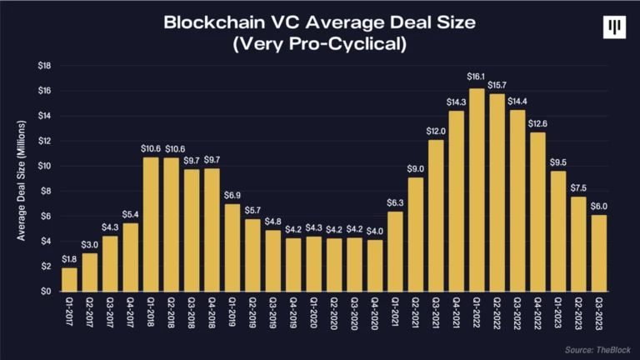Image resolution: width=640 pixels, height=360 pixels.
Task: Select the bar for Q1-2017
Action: coord(70,279)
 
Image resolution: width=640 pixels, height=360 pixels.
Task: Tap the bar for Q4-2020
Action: coord(375,266)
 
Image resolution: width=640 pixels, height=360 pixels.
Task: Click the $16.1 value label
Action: coord(477,77)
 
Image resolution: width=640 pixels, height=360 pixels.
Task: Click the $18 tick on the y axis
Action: coord(44,65)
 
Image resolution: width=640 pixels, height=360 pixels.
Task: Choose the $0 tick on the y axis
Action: coord(47,292)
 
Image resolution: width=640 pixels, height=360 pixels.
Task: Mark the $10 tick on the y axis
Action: coord(44,166)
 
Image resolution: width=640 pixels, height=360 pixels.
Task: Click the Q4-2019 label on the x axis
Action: coord(294,315)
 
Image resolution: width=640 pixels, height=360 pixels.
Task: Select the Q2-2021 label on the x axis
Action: coord(416,315)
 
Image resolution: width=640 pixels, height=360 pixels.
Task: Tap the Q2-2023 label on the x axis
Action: coord(578,315)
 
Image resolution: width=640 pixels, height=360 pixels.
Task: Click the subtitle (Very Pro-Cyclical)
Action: coord(320,44)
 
